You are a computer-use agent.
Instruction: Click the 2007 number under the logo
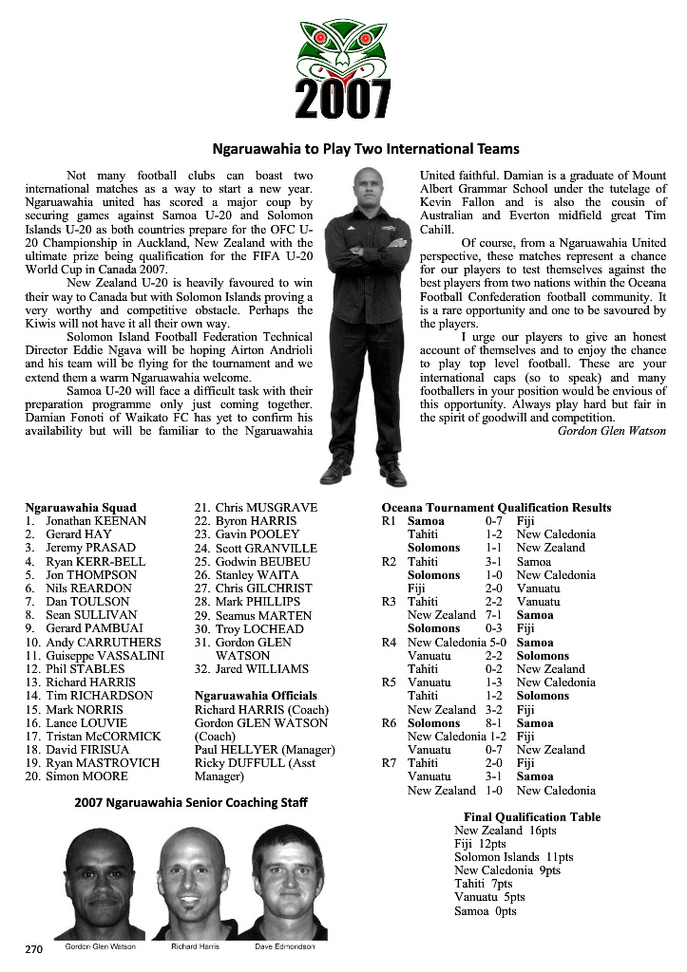(343, 98)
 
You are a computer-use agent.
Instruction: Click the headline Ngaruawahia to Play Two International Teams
(366, 149)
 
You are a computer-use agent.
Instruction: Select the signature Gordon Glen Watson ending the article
(612, 431)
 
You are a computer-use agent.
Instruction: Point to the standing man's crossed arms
(367, 251)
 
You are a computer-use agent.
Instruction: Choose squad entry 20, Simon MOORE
(76, 776)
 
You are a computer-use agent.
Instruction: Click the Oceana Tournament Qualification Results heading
(496, 508)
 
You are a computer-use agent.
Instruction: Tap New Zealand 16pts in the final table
(505, 831)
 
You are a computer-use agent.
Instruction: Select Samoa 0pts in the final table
(485, 911)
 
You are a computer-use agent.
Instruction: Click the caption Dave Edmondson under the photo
(284, 947)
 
